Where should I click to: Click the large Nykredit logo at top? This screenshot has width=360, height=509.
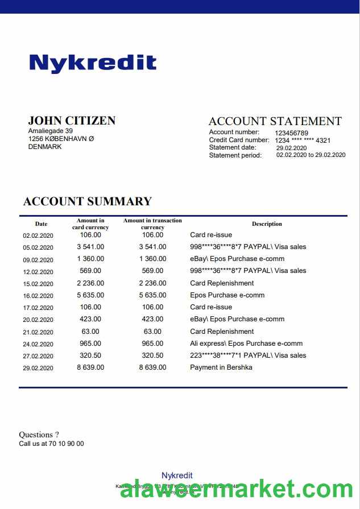(93, 63)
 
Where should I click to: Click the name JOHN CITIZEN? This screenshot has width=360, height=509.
(72, 121)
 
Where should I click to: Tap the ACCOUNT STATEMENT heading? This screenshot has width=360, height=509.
(275, 121)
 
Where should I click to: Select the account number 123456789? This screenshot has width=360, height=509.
(292, 133)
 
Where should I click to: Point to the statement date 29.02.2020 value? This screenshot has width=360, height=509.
(291, 148)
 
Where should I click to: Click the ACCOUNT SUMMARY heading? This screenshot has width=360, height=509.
(88, 201)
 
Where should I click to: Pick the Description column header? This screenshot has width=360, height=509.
(267, 224)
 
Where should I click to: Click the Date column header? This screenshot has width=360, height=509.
(41, 224)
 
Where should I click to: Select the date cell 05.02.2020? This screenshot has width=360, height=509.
(38, 247)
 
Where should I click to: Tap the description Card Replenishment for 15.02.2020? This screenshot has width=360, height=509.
(222, 283)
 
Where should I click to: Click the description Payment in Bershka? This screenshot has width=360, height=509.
(221, 367)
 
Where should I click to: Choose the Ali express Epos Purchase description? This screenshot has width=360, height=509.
(246, 344)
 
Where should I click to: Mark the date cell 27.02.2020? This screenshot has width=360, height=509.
(38, 356)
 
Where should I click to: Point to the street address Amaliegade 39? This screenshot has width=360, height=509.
(51, 131)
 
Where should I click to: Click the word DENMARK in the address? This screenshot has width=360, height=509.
(45, 147)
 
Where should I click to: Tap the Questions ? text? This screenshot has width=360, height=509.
(39, 435)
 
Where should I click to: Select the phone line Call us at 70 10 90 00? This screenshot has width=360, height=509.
(51, 444)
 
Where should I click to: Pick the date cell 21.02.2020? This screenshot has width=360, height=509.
(38, 332)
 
